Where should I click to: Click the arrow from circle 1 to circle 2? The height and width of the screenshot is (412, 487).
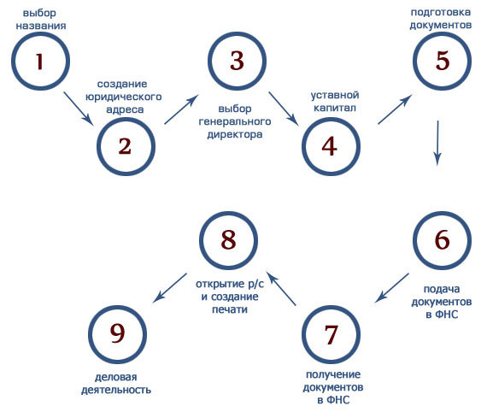(79, 109)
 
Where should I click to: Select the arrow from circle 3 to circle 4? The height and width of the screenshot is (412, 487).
(284, 109)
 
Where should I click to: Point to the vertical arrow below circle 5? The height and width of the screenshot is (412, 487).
(437, 144)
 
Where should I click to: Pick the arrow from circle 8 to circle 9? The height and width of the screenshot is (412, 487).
(169, 288)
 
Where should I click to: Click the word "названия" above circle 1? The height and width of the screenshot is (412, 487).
(41, 26)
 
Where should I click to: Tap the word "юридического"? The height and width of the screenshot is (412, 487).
(124, 97)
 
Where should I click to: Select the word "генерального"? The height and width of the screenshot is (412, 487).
(235, 121)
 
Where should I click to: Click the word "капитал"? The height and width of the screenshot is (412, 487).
(335, 108)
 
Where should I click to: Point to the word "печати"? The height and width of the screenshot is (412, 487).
(230, 309)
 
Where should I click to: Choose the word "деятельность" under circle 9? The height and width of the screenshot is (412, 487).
(116, 390)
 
